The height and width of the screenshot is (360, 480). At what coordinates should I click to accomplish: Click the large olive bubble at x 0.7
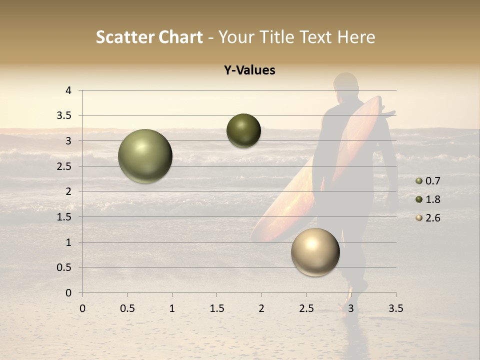(x=145, y=156)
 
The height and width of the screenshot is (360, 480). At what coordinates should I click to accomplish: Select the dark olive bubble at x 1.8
(x=243, y=130)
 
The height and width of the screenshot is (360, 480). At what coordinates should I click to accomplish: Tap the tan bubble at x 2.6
(x=315, y=252)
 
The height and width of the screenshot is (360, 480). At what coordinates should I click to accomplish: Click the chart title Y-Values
(x=249, y=70)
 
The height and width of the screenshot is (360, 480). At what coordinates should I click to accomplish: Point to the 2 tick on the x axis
(x=261, y=308)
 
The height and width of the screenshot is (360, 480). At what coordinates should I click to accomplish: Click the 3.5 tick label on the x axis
(x=395, y=308)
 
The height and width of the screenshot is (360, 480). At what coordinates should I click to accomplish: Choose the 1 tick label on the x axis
(x=172, y=308)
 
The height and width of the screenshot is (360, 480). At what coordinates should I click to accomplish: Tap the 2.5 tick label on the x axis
(x=306, y=308)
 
